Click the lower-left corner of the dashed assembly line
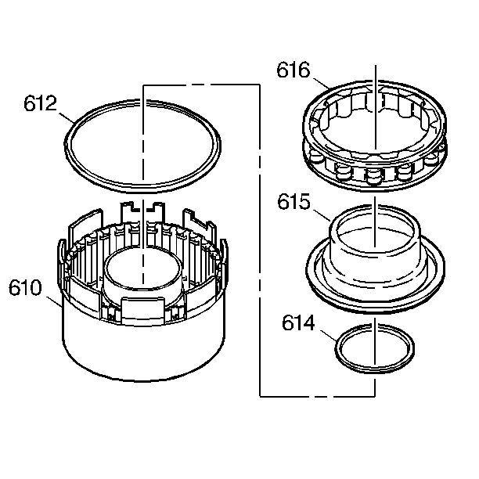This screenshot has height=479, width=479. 259,396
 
